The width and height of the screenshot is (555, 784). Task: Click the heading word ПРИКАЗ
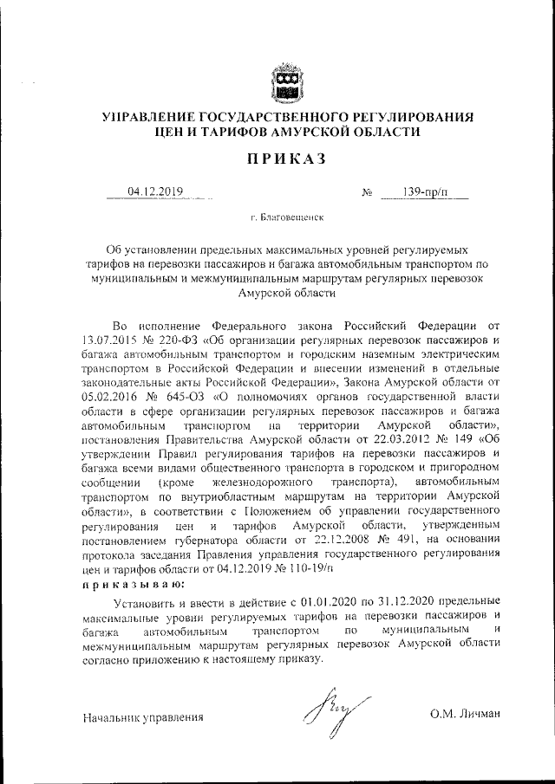click(285, 159)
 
